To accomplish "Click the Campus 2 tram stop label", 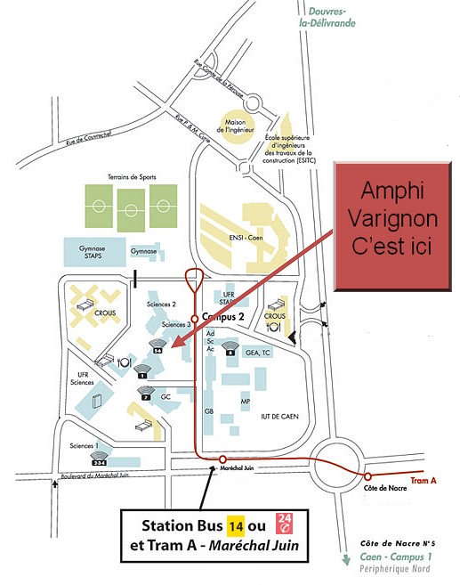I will click(x=222, y=316).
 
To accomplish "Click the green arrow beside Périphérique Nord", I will click(x=345, y=561).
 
